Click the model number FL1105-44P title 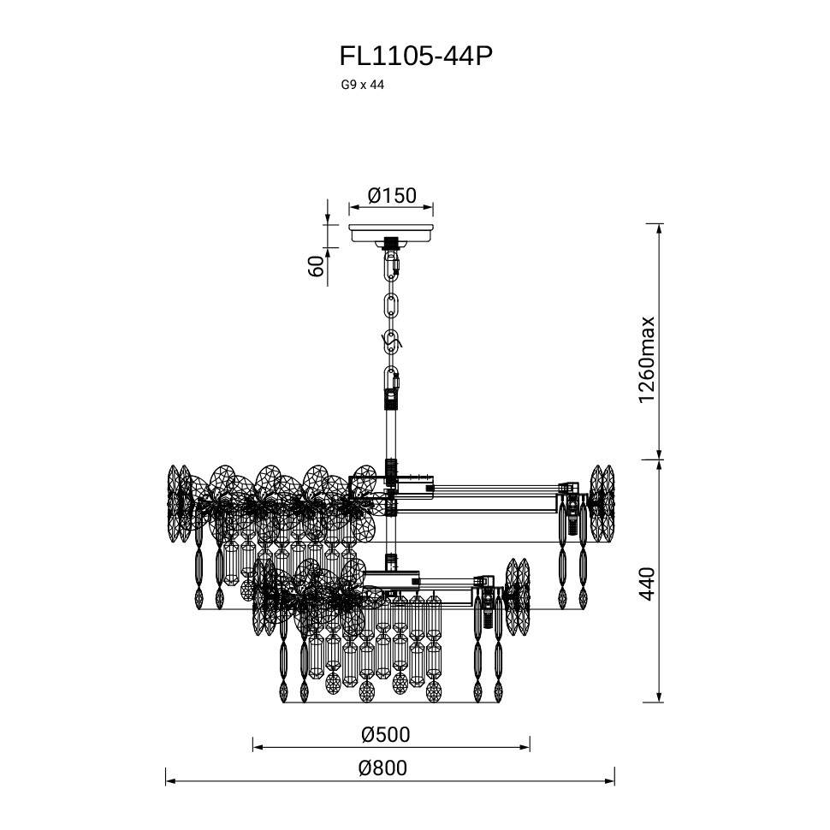tap(416, 56)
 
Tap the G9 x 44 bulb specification tap(363, 85)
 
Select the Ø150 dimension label tap(392, 195)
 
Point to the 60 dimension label tap(316, 266)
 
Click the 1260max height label tap(647, 360)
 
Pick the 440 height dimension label tap(647, 584)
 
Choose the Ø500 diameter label tap(386, 735)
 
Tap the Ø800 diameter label tap(382, 768)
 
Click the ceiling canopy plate tap(392, 234)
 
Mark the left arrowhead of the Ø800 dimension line tap(170, 781)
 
